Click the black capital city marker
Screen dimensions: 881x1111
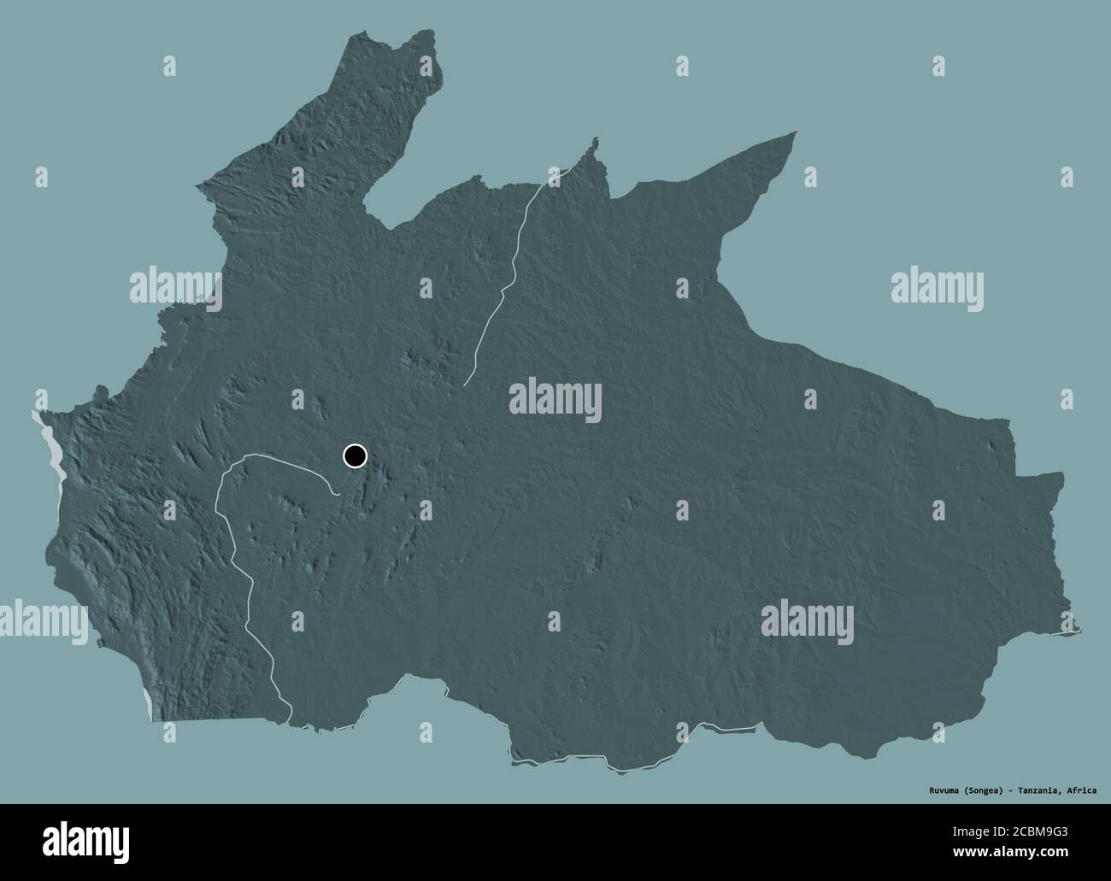[355, 455]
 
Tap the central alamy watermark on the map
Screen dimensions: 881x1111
[555, 401]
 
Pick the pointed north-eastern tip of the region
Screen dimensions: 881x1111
[795, 132]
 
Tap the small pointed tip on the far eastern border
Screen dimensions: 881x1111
[1079, 631]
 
